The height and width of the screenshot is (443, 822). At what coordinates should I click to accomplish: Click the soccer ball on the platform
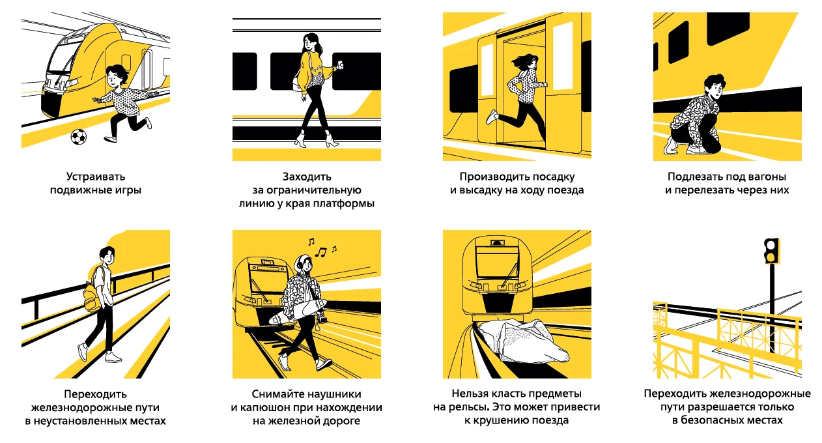click(x=79, y=137)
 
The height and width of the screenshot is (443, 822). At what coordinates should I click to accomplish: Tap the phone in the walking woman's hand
click(x=341, y=65)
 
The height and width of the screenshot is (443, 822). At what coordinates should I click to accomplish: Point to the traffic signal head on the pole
click(x=772, y=251)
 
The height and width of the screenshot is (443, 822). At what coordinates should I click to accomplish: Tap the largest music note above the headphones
click(x=320, y=251)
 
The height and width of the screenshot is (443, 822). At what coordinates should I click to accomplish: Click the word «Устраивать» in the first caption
click(x=96, y=177)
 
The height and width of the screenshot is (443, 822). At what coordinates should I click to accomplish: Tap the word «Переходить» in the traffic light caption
click(x=675, y=393)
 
